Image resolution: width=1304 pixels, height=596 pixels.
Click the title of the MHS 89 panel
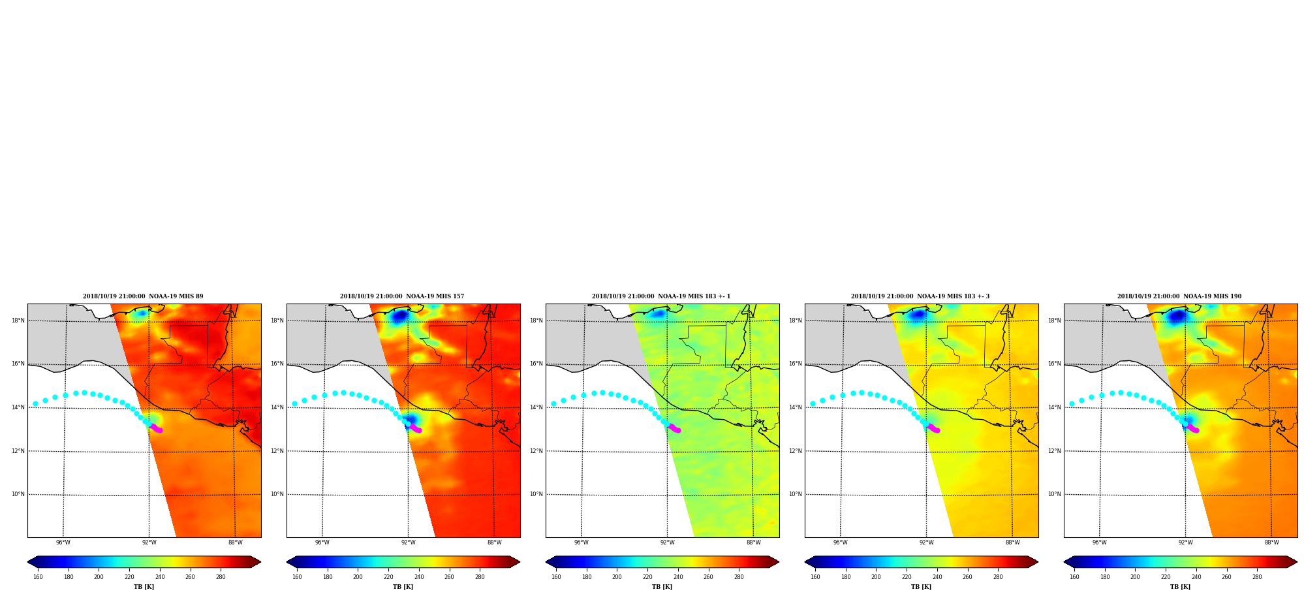coord(143,296)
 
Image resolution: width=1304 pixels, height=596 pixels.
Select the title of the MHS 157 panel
coord(402,296)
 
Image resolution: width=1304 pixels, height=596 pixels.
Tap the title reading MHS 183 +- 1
coord(661,296)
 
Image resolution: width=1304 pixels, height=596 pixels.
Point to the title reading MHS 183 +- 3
coord(920,296)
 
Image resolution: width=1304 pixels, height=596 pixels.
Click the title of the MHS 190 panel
coord(1179,296)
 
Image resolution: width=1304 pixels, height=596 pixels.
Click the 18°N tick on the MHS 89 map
coord(18,321)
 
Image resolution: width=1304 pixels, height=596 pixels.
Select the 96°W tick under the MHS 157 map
coord(322,542)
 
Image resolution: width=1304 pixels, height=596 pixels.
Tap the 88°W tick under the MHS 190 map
coord(1272,542)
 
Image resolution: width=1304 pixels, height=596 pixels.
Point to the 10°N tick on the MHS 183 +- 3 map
coord(796,494)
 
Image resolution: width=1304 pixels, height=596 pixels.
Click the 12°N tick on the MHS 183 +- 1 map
coord(536,451)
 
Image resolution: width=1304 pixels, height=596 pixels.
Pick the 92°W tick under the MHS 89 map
coord(149,542)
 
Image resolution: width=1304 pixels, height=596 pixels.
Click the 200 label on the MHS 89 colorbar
coord(99,577)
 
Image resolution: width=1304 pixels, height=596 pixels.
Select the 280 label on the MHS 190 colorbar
coord(1257,577)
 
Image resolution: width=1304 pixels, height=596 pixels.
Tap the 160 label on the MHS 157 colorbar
coord(297,577)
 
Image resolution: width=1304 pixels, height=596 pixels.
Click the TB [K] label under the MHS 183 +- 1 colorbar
coord(662,587)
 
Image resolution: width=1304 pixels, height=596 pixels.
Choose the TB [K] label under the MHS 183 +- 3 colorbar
coord(921,587)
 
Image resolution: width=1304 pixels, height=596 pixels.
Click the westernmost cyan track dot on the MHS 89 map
coord(35,403)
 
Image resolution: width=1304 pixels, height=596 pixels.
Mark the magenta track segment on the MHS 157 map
coord(415,428)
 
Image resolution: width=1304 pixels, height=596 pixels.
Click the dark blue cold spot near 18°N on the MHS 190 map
coord(1177,317)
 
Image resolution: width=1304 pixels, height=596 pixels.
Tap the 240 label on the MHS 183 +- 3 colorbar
coord(937,577)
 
